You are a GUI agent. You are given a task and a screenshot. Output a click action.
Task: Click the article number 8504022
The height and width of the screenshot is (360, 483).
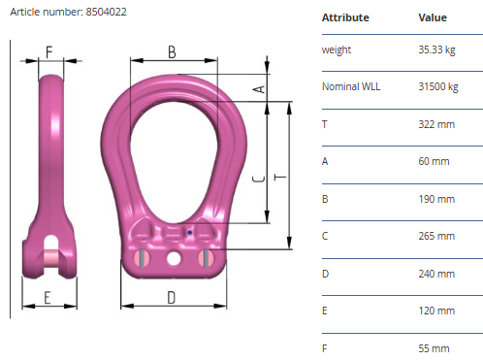[x=106, y=12]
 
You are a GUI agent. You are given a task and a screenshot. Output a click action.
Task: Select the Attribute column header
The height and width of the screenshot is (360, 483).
[x=345, y=17]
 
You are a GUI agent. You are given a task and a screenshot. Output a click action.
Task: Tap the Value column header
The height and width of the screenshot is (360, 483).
[x=433, y=17]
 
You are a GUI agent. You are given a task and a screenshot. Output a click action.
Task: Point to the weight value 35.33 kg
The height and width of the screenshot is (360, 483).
[x=436, y=50]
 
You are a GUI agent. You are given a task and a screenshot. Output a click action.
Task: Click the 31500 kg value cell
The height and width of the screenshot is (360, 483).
[x=438, y=86]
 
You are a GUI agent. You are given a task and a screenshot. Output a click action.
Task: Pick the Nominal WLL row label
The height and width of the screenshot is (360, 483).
[x=351, y=86]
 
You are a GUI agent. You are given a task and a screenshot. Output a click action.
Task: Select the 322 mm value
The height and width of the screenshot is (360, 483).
[x=436, y=124]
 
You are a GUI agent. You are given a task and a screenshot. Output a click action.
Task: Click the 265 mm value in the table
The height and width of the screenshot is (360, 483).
[x=436, y=236]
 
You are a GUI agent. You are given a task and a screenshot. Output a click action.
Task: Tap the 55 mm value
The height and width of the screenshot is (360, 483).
[x=434, y=348]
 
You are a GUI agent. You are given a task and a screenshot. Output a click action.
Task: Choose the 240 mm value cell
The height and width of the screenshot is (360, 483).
[x=436, y=274]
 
